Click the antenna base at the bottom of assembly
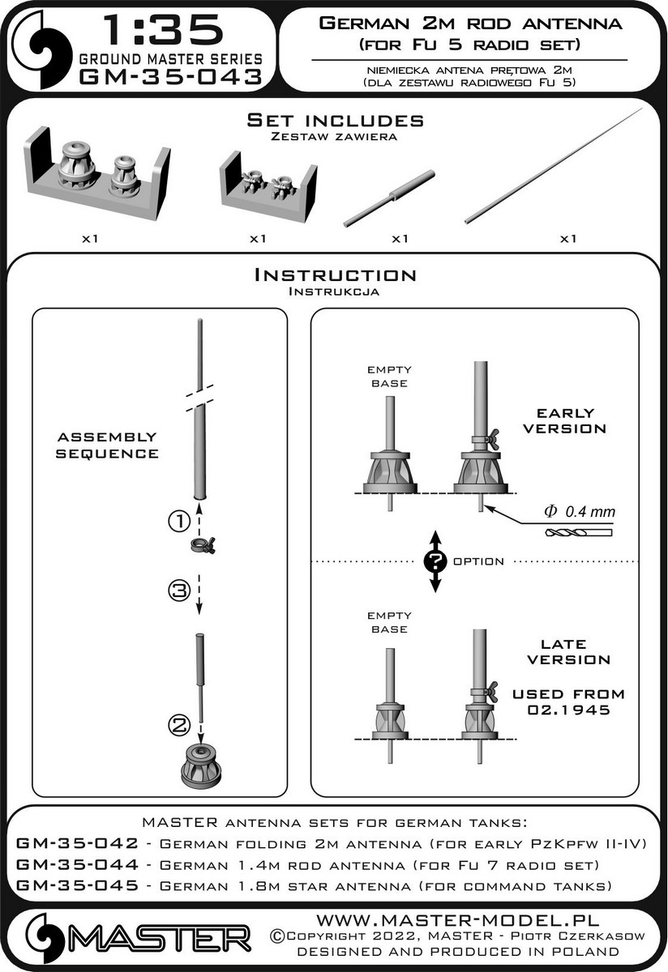[200, 761]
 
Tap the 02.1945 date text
[563, 713]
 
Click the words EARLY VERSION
[564, 420]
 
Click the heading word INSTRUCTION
[335, 275]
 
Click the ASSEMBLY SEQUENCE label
[106, 445]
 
